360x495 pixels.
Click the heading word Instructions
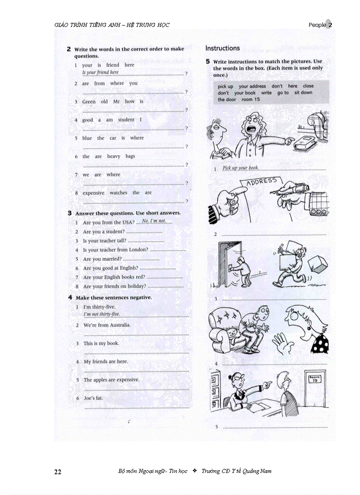(222, 48)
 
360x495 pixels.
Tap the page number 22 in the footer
(58, 472)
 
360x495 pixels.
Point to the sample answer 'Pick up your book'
(240, 168)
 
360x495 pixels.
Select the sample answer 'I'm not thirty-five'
(101, 314)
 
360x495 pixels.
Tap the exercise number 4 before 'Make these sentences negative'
(70, 298)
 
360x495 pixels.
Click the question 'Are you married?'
(102, 259)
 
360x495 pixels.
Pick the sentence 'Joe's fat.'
(93, 398)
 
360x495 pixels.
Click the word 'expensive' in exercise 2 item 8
(94, 193)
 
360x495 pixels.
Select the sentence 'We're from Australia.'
(107, 325)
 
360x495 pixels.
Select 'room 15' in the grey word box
(251, 100)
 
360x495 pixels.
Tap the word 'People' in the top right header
(317, 25)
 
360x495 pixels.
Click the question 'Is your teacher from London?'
(116, 250)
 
